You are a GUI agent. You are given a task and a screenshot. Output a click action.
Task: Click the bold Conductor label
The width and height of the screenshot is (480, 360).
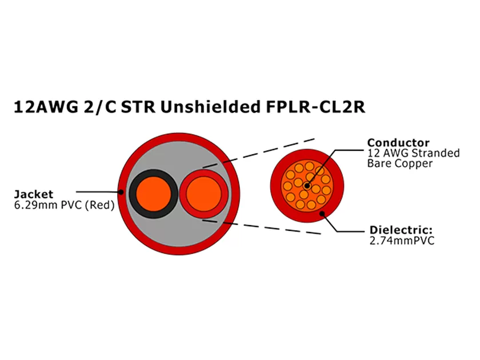398,143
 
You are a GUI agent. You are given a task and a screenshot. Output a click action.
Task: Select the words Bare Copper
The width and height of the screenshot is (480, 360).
399,163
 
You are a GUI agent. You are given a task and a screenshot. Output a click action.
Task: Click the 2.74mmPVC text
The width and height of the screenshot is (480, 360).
402,241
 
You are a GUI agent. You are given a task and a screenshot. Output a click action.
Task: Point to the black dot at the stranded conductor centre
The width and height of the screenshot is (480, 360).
308,186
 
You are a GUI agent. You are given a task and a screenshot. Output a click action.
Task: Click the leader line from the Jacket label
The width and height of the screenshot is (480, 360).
97,192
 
